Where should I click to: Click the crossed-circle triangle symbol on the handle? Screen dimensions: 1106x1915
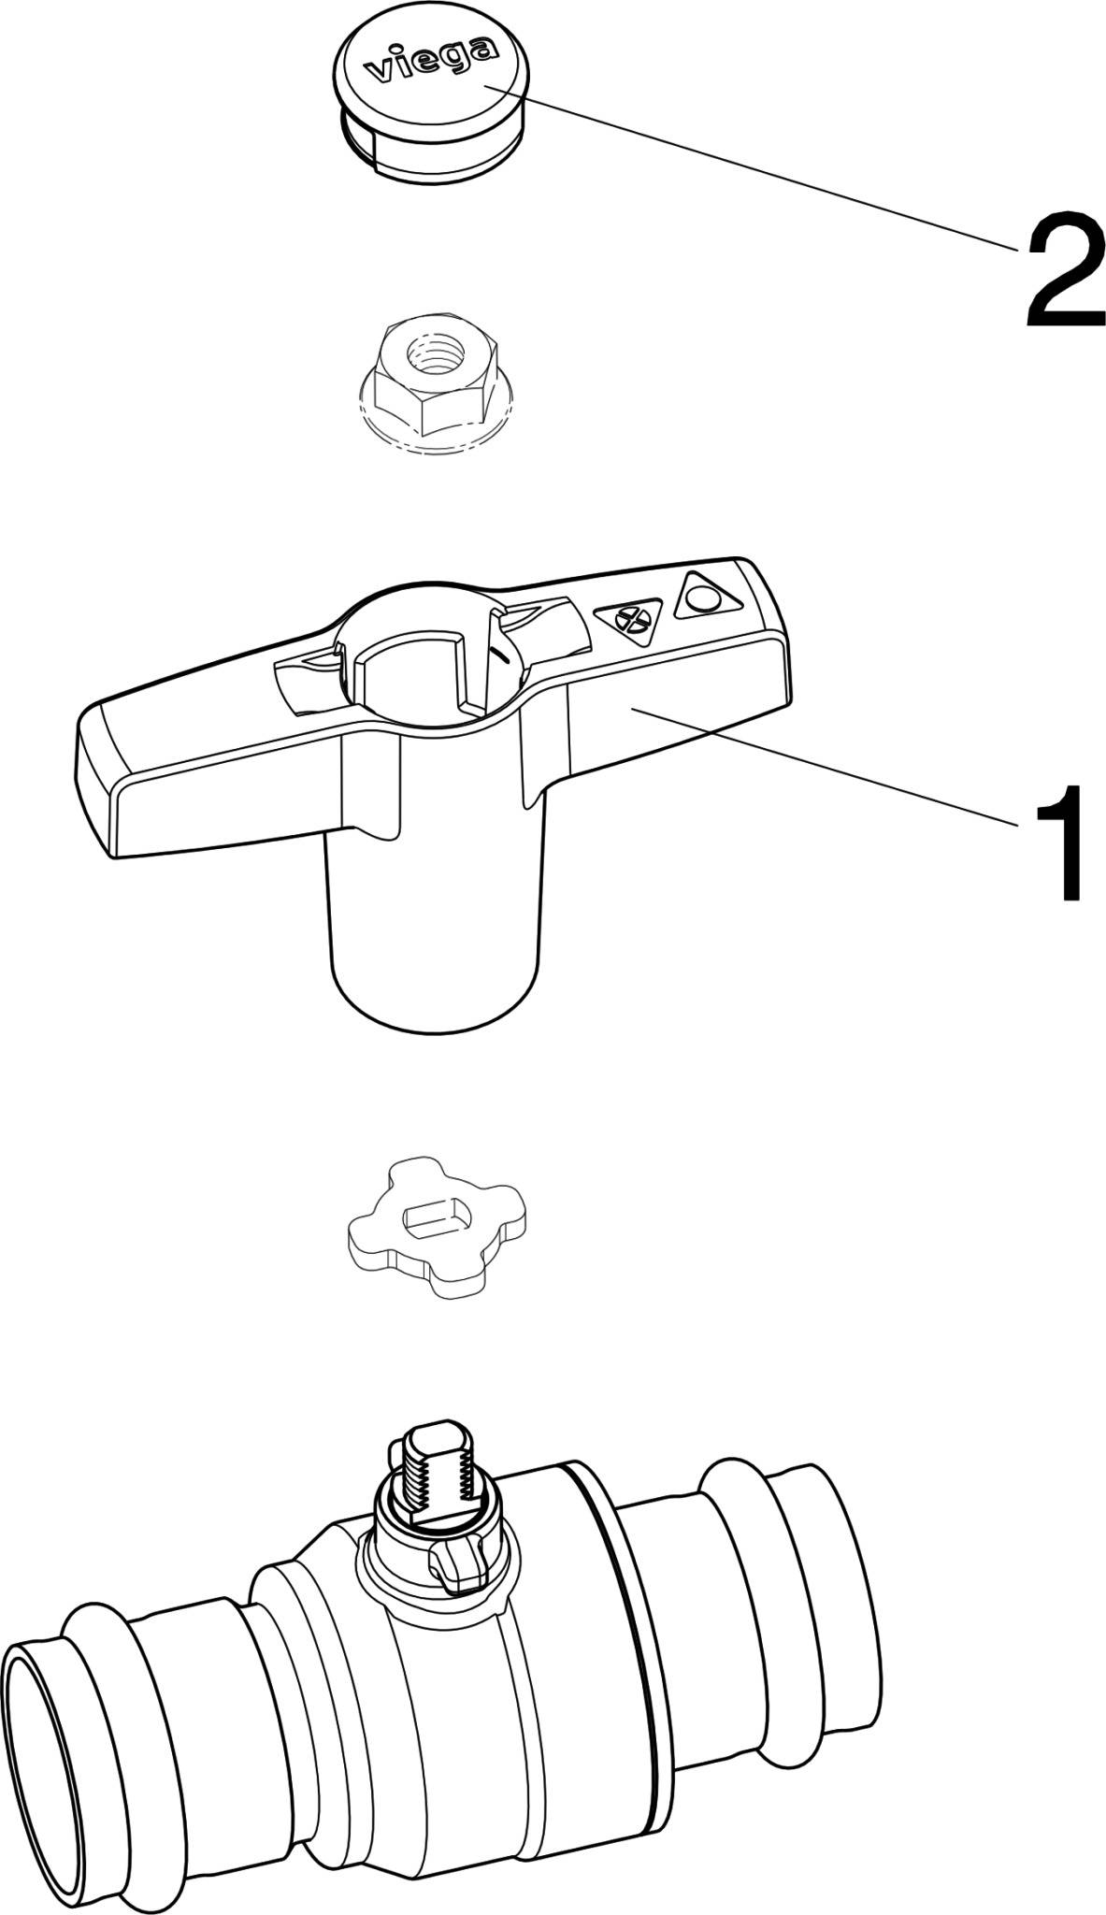tap(632, 620)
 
